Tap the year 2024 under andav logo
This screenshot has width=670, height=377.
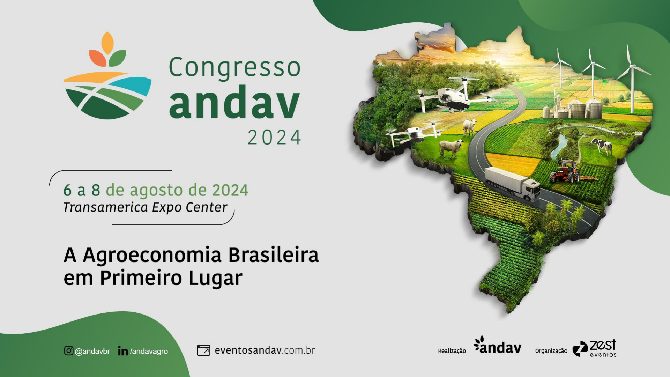pyautogui.click(x=274, y=137)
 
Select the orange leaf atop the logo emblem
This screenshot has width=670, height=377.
pyautogui.click(x=107, y=43)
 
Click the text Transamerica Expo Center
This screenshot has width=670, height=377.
pyautogui.click(x=145, y=207)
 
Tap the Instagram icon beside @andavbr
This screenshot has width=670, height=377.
pyautogui.click(x=69, y=350)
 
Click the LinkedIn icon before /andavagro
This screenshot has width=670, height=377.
pyautogui.click(x=123, y=351)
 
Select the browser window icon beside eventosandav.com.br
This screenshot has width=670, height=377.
pyautogui.click(x=203, y=350)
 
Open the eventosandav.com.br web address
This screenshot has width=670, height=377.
pyautogui.click(x=265, y=350)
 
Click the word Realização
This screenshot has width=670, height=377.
pyautogui.click(x=452, y=351)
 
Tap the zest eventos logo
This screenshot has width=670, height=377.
pyautogui.click(x=594, y=348)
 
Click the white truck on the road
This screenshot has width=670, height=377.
pyautogui.click(x=512, y=184)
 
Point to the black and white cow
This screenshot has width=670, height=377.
pyautogui.click(x=602, y=145)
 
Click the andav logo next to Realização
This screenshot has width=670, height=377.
pyautogui.click(x=497, y=346)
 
